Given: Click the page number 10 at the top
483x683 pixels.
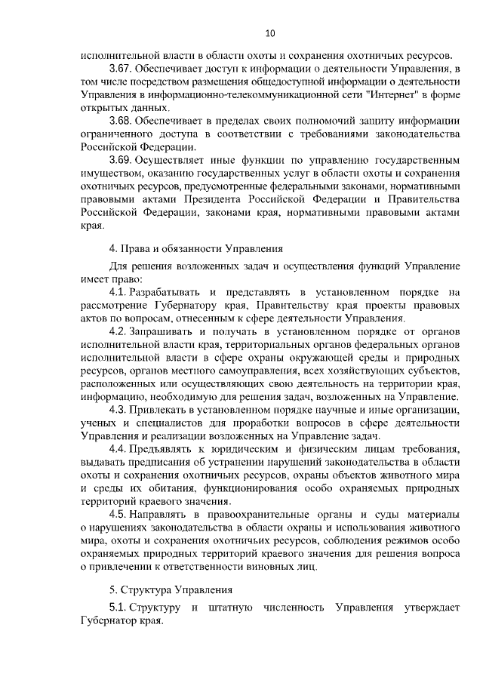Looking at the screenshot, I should point(270,32).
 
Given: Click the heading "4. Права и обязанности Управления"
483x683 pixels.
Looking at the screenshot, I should point(196,247).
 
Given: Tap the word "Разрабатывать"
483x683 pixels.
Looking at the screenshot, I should point(165,292).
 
